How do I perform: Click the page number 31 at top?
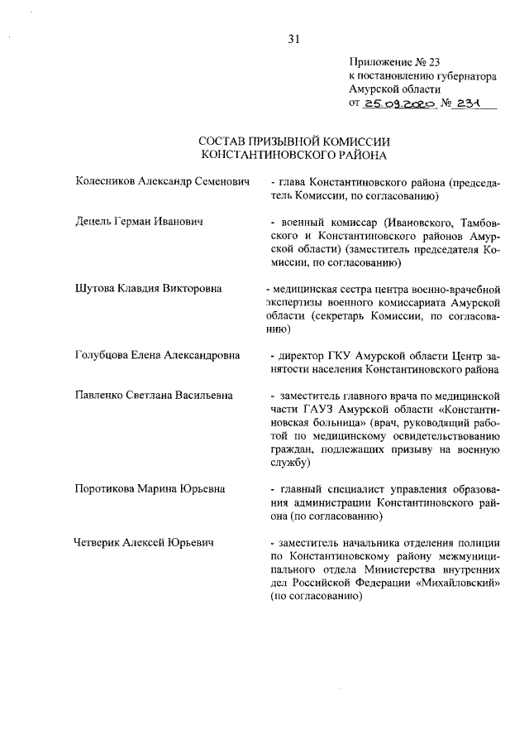tap(293, 37)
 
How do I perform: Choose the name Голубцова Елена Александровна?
tap(157, 355)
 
